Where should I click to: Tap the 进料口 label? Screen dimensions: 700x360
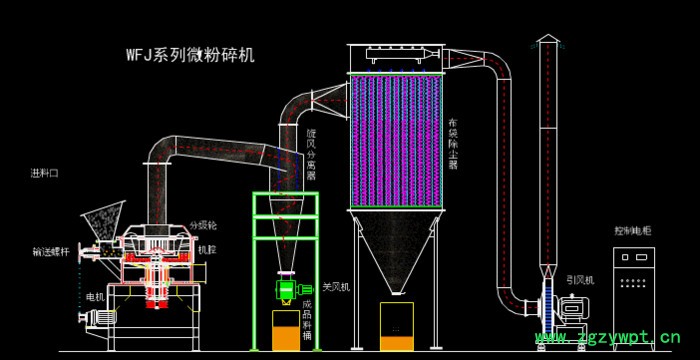(x=45, y=173)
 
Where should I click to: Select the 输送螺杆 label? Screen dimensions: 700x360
(x=49, y=251)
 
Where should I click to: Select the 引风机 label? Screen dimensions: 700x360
(x=580, y=281)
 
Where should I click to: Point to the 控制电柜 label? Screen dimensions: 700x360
(x=632, y=230)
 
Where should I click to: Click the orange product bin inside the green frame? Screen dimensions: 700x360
(x=285, y=330)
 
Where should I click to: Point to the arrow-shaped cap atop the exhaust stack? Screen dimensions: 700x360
(x=546, y=39)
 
